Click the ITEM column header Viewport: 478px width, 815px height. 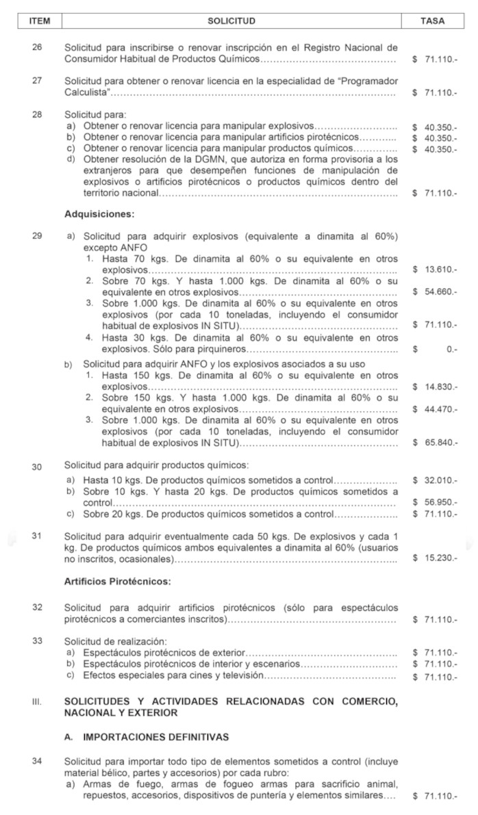40,21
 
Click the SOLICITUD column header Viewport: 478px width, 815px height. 231,21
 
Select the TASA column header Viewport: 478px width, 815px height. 433,21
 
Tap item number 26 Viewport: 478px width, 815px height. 38,48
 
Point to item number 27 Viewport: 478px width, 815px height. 38,80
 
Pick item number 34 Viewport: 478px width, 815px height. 38,761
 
